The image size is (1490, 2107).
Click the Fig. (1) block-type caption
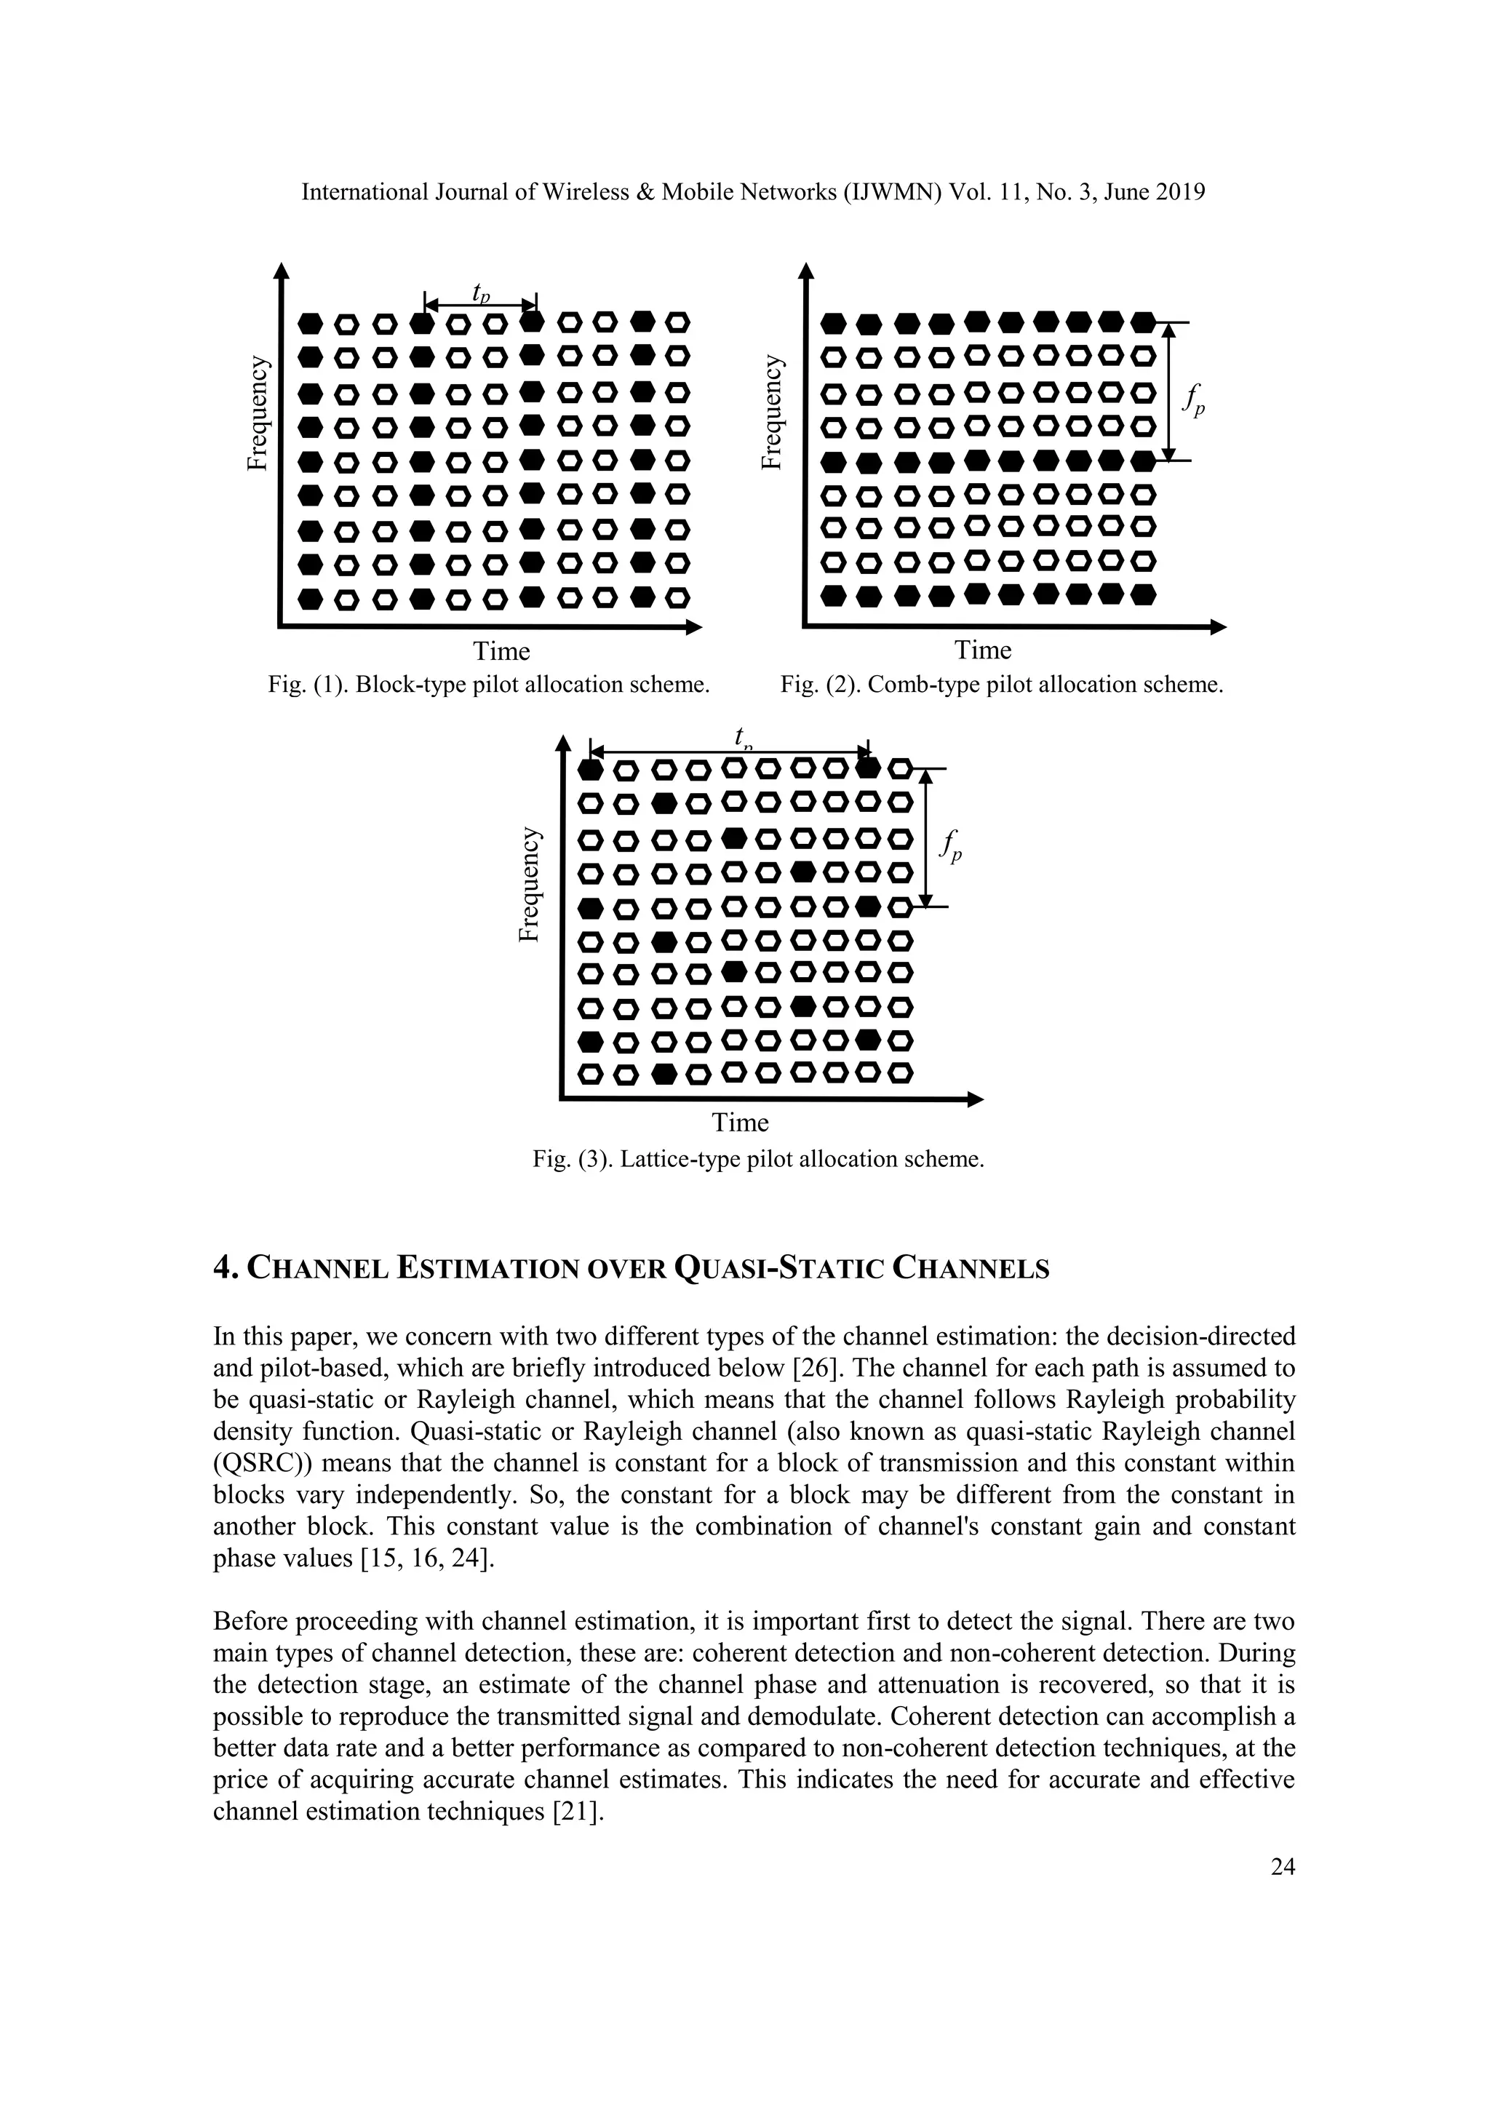[489, 685]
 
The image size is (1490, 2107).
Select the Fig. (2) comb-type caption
[1002, 685]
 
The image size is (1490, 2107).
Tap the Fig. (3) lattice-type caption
[758, 1159]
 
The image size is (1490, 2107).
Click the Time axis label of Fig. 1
[501, 652]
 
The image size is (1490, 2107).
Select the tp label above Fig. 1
[481, 292]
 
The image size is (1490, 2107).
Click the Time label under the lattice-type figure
[741, 1123]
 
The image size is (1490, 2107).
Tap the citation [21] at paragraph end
[576, 1812]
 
